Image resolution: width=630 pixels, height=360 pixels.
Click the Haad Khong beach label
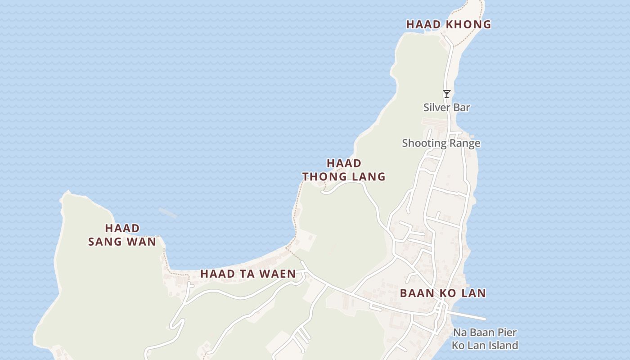(x=448, y=25)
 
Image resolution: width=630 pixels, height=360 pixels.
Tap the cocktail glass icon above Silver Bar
(x=446, y=94)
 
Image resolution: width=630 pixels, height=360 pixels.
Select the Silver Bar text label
(x=446, y=108)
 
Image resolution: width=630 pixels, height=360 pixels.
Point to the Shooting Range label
(x=441, y=144)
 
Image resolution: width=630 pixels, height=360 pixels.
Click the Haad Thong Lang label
(x=344, y=170)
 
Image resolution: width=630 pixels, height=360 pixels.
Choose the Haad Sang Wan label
(x=122, y=235)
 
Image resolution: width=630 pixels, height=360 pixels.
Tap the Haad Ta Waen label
(x=248, y=274)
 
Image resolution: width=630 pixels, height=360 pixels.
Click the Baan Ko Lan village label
(x=443, y=293)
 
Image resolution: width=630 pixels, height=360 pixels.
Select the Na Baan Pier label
(x=485, y=333)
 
